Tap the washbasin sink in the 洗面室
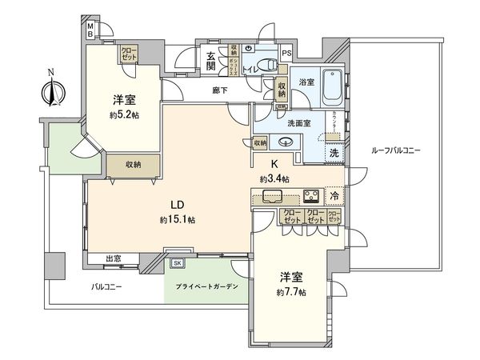pyautogui.click(x=285, y=142)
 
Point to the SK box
pyautogui.click(x=177, y=262)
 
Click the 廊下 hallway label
pyautogui.click(x=221, y=91)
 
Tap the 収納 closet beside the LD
pyautogui.click(x=133, y=164)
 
